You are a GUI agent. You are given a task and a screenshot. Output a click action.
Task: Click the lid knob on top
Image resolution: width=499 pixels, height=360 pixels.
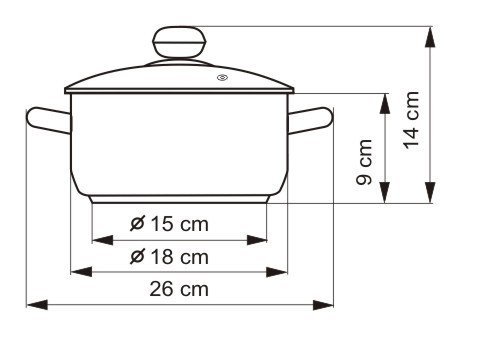click(179, 43)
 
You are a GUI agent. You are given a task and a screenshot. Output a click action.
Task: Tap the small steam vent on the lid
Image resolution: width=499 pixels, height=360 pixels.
click(222, 78)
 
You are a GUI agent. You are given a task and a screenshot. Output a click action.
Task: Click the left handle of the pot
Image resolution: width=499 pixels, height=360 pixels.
click(49, 120)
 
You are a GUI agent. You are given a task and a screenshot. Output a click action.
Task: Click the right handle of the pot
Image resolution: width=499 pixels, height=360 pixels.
click(310, 120)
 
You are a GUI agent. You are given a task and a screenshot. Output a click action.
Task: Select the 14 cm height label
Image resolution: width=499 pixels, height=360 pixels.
click(411, 120)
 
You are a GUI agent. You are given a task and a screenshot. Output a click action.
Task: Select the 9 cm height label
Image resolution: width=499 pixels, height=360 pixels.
click(364, 162)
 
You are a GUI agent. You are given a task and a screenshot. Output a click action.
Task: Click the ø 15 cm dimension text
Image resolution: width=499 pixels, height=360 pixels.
click(169, 224)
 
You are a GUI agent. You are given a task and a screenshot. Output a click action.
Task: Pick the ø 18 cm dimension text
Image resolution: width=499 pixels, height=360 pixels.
click(169, 257)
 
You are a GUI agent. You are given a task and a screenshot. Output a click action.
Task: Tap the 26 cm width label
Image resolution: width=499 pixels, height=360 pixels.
click(179, 289)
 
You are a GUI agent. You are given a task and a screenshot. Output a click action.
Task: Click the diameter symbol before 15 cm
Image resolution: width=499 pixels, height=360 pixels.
click(137, 223)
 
